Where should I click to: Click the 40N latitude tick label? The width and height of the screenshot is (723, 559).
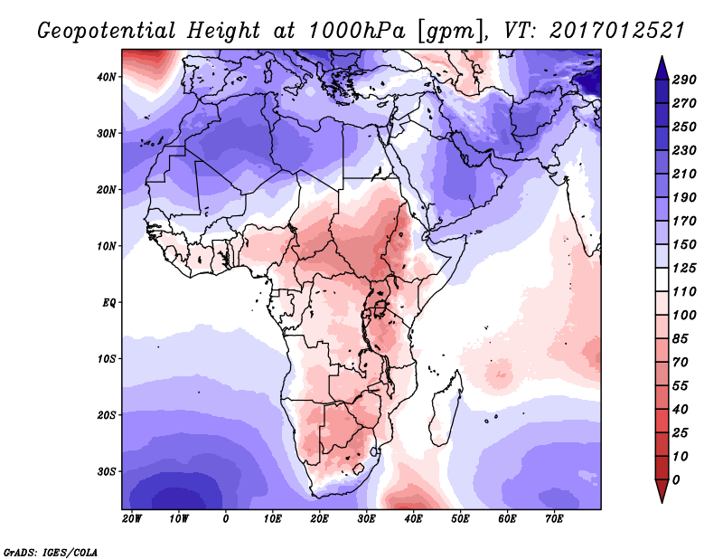[108, 77]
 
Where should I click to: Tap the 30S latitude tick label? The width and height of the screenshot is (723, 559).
[108, 471]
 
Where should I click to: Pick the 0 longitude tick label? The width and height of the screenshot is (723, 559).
[226, 519]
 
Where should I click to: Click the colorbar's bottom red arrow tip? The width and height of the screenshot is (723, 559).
[661, 500]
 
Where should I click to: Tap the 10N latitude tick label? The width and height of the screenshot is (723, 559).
[108, 246]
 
